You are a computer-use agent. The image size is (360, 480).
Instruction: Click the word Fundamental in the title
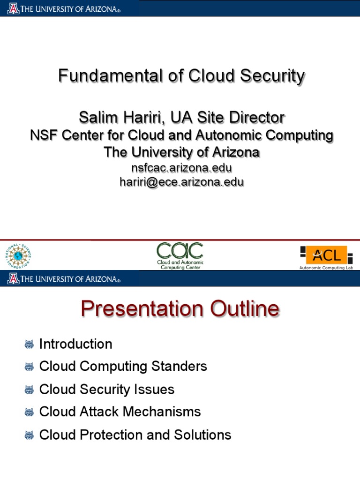pyautogui.click(x=110, y=75)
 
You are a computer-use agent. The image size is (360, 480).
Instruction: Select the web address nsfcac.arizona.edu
pyautogui.click(x=181, y=168)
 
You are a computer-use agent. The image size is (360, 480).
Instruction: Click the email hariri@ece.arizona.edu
pyautogui.click(x=181, y=182)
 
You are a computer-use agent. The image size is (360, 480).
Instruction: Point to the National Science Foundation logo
pyautogui.click(x=18, y=256)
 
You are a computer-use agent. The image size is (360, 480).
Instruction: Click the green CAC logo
pyautogui.click(x=180, y=256)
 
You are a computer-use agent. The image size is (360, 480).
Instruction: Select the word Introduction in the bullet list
pyautogui.click(x=75, y=344)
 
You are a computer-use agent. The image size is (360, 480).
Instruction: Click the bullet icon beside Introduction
pyautogui.click(x=29, y=345)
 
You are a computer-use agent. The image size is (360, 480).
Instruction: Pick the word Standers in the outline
pyautogui.click(x=179, y=366)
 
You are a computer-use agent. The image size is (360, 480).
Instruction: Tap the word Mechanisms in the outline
pyautogui.click(x=162, y=412)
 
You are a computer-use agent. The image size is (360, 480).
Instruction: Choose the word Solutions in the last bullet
pyautogui.click(x=202, y=435)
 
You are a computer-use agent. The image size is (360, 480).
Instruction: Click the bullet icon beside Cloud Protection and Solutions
pyautogui.click(x=29, y=435)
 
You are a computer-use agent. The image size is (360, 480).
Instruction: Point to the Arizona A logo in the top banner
pyautogui.click(x=13, y=8)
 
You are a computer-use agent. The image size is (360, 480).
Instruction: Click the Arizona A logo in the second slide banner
pyautogui.click(x=13, y=278)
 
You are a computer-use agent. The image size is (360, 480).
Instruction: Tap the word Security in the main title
pyautogui.click(x=272, y=75)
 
